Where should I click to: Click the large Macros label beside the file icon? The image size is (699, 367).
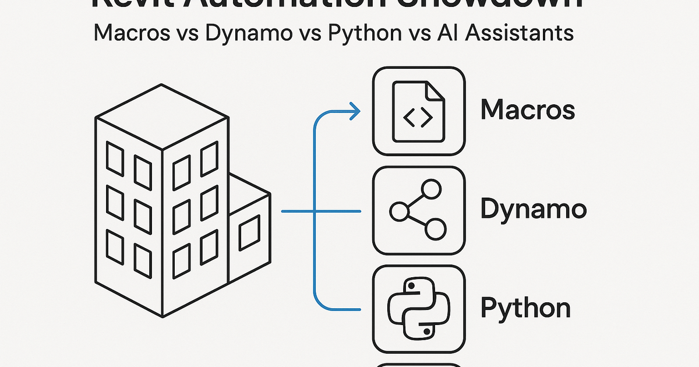click(x=528, y=110)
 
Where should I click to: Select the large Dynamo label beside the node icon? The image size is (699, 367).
click(x=533, y=210)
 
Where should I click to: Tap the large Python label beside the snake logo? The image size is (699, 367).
click(x=525, y=308)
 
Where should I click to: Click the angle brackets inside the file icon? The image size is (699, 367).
click(x=418, y=118)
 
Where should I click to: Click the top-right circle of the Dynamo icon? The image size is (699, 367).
click(x=432, y=189)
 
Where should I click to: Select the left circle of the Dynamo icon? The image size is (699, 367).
click(x=398, y=211)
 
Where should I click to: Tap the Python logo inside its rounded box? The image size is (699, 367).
click(x=418, y=309)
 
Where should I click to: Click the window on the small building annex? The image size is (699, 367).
click(x=249, y=232)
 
